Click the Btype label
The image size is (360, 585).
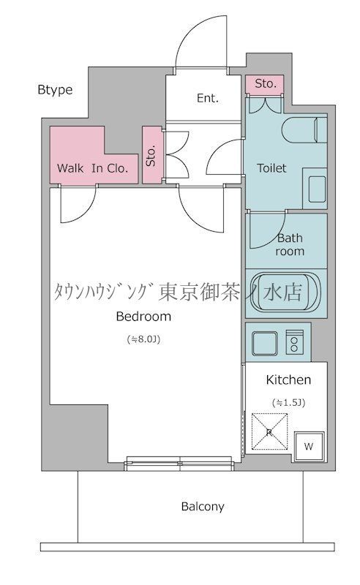[x=55, y=90]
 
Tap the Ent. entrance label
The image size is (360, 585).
[x=207, y=98]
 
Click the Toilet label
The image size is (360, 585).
[x=271, y=167]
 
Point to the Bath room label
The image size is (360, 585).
[x=290, y=244]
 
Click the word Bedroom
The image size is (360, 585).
[x=143, y=317]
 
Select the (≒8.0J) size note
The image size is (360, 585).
[x=144, y=339]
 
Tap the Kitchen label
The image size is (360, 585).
[x=288, y=380]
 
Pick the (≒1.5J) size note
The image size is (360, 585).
[x=288, y=401]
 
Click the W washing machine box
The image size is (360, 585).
[x=308, y=445]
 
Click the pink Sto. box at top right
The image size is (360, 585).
[x=266, y=84]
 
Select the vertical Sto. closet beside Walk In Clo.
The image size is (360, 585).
[x=152, y=155]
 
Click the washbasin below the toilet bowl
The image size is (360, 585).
[x=317, y=189]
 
